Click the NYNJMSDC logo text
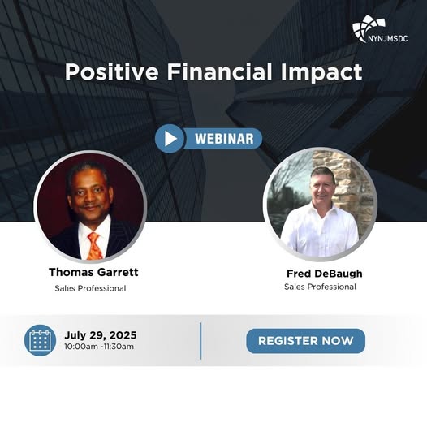(x=388, y=38)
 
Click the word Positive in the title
(x=112, y=72)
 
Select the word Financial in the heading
(x=219, y=71)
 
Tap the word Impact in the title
(x=321, y=72)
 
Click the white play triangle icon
(x=170, y=139)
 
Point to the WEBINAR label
(x=224, y=139)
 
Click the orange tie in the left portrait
(x=95, y=247)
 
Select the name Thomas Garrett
(x=93, y=272)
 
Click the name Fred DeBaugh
(x=325, y=274)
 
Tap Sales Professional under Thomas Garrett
(x=90, y=288)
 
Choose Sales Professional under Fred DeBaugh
(x=320, y=287)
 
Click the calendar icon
(x=40, y=340)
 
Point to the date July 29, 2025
(x=101, y=335)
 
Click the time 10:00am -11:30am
(x=99, y=347)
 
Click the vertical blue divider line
(x=201, y=341)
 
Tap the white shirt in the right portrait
(x=320, y=231)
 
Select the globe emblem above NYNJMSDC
(x=369, y=28)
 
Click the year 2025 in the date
(x=123, y=335)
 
